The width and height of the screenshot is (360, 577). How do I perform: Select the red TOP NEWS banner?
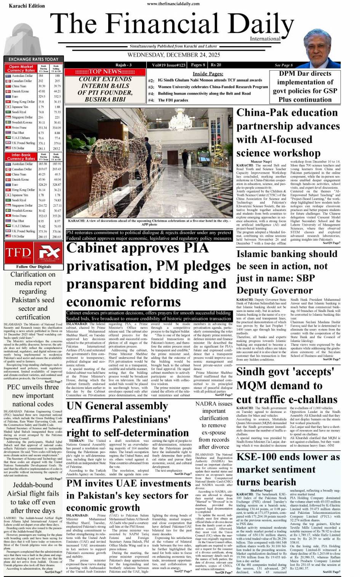tap(105, 72)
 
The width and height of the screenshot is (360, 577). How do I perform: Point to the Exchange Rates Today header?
tap(34, 59)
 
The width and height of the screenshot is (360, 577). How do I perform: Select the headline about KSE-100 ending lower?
tap(288, 469)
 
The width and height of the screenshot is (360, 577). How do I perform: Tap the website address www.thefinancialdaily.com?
tap(173, 4)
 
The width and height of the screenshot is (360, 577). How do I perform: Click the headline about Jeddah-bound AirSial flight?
tap(33, 497)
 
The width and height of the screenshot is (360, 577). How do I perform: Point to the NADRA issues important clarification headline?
tap(214, 425)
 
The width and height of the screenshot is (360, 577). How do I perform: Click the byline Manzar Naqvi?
tap(261, 162)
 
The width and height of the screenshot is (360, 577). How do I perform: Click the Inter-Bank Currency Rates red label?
tap(21, 157)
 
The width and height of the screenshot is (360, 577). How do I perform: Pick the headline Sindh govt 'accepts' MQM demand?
tap(285, 385)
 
